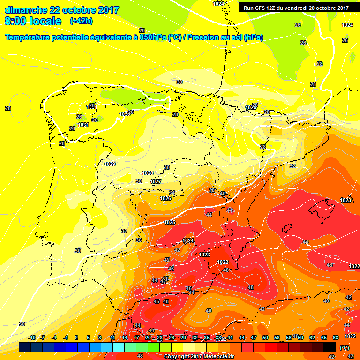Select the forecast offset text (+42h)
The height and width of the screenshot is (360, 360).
[81, 21]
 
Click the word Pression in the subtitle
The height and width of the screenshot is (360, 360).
[204, 37]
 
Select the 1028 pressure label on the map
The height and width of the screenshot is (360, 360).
[148, 173]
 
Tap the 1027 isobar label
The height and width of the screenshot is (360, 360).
[156, 181]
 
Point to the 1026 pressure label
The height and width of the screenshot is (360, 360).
[165, 198]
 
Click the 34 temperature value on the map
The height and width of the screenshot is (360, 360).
[172, 193]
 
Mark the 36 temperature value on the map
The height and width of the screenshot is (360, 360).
[139, 240]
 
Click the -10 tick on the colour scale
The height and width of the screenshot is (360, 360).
[32, 337]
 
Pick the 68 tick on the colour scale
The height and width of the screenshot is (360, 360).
[336, 337]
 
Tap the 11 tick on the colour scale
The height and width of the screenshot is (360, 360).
[113, 337]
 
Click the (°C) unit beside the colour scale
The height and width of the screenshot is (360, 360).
[345, 348]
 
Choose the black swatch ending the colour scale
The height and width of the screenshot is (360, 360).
[330, 347]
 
